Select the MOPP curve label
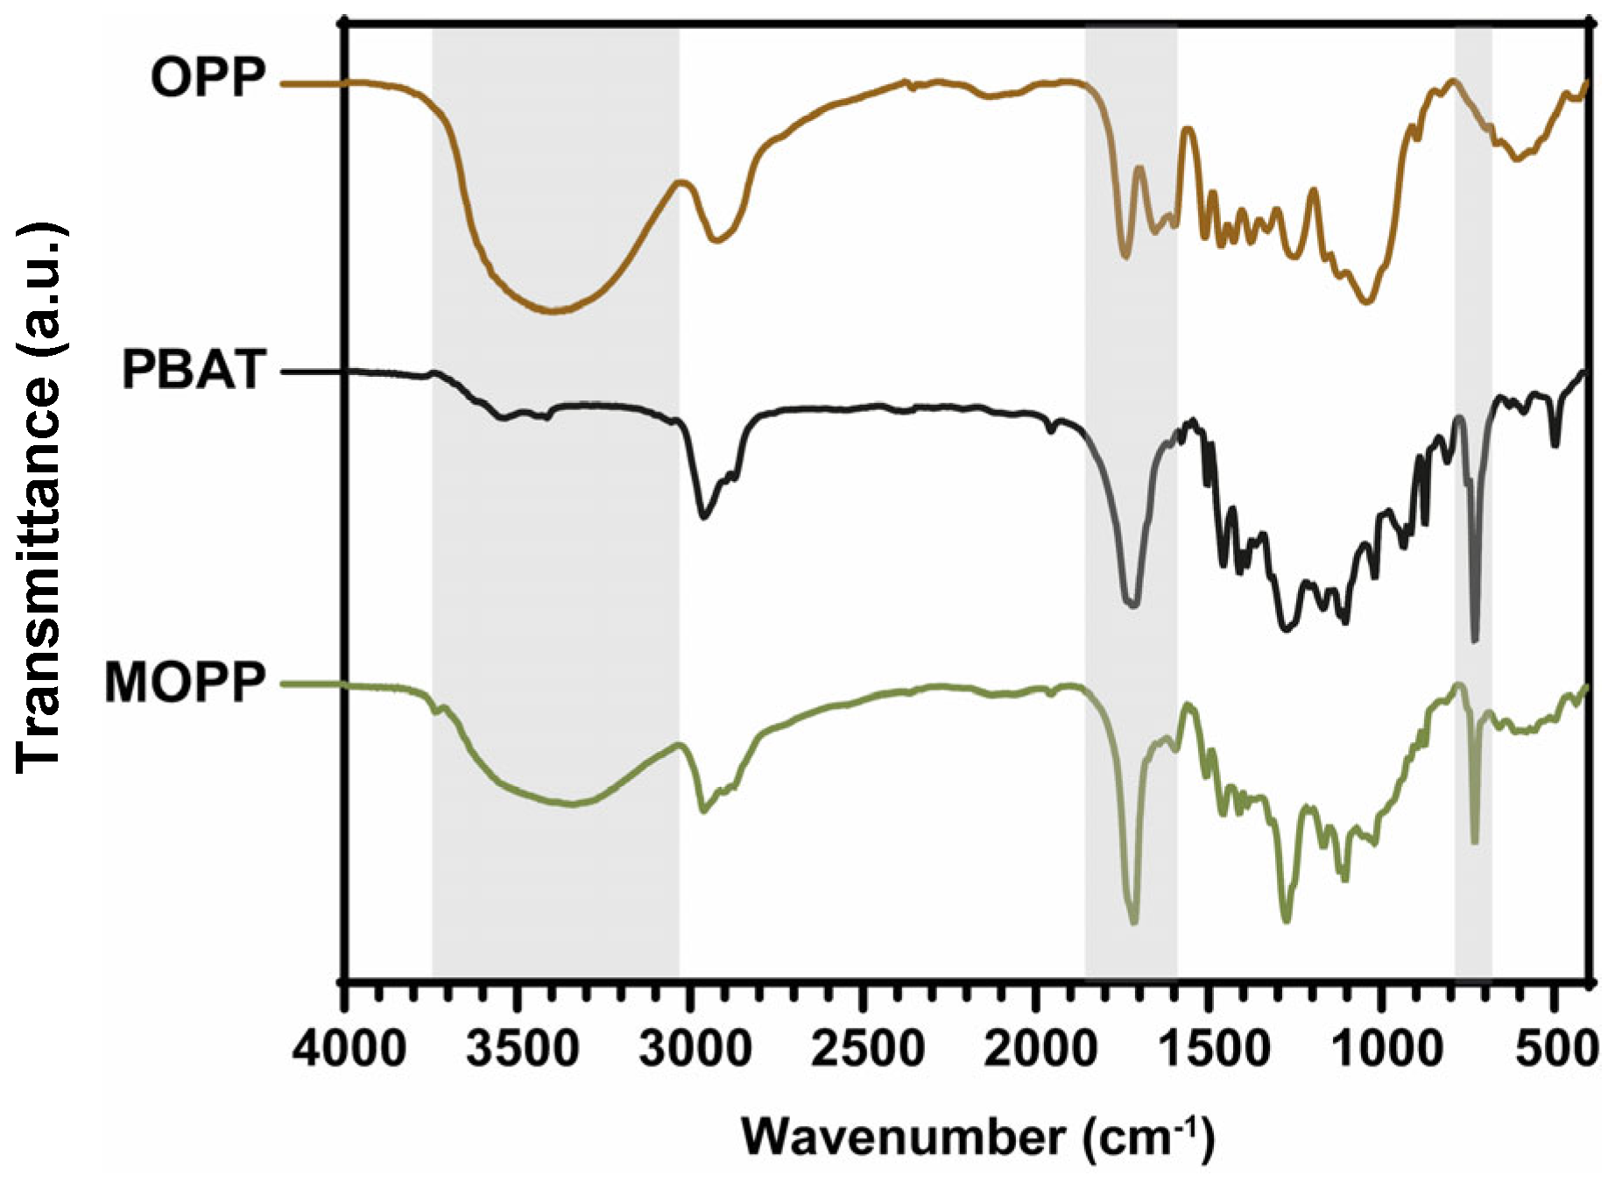click(x=184, y=684)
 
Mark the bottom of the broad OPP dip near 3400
click(x=552, y=310)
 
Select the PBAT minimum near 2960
click(x=702, y=517)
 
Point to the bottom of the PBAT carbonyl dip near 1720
click(x=1132, y=605)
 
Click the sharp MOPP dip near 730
click(x=1475, y=841)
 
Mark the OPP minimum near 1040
click(x=1366, y=302)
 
